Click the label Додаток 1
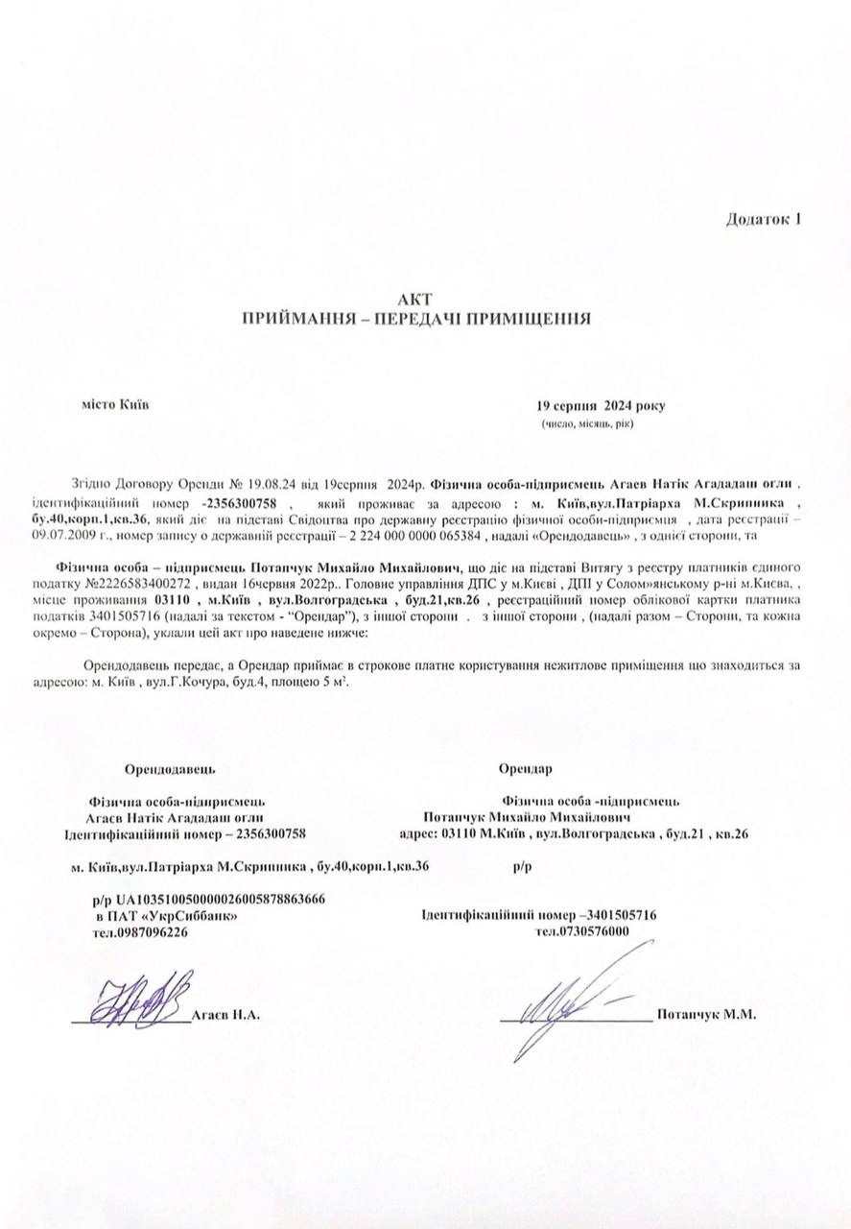coord(763,218)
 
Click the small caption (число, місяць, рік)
coord(587,423)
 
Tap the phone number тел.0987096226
coord(141,931)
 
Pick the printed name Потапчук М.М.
coord(706,1015)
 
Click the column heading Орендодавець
coord(170,768)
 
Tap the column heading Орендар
coord(526,768)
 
